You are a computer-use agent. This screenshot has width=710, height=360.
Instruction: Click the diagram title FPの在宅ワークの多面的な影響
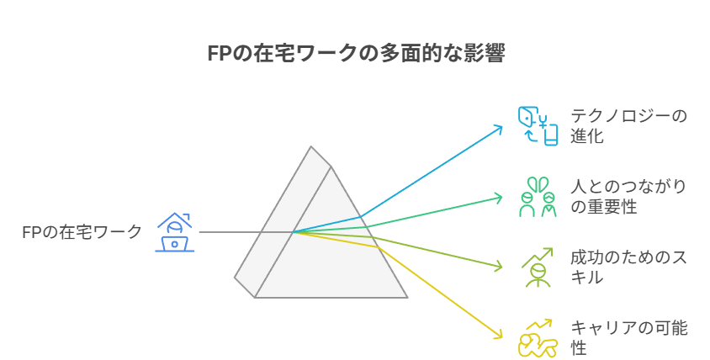pos(356,53)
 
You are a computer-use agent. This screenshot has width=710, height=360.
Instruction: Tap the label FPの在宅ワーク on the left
pos(82,232)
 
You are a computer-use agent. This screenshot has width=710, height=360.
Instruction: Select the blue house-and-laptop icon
pos(175,232)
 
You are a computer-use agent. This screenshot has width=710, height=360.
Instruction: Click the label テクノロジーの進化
pos(628,126)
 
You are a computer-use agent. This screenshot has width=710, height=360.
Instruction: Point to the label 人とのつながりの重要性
pos(628,197)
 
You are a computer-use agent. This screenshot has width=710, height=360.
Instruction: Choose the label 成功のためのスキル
pos(628,267)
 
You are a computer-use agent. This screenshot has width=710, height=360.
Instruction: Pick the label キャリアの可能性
pos(629,338)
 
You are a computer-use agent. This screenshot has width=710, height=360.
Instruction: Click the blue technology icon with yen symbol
pos(538,126)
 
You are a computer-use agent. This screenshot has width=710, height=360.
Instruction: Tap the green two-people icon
pos(538,197)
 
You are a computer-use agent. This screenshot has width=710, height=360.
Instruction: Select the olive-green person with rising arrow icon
pos(538,267)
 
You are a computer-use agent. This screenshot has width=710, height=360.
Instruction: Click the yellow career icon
pos(538,338)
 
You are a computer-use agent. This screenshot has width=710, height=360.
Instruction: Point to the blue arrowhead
pos(499,129)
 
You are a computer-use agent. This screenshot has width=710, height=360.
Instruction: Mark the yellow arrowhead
pos(499,335)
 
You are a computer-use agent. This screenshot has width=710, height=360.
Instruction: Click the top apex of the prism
pos(311,146)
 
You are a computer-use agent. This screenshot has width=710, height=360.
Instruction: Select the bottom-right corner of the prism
pos(407,298)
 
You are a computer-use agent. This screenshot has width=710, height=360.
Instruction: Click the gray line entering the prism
pos(246,232)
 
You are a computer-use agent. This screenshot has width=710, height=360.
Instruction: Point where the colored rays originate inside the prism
pos(294,232)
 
